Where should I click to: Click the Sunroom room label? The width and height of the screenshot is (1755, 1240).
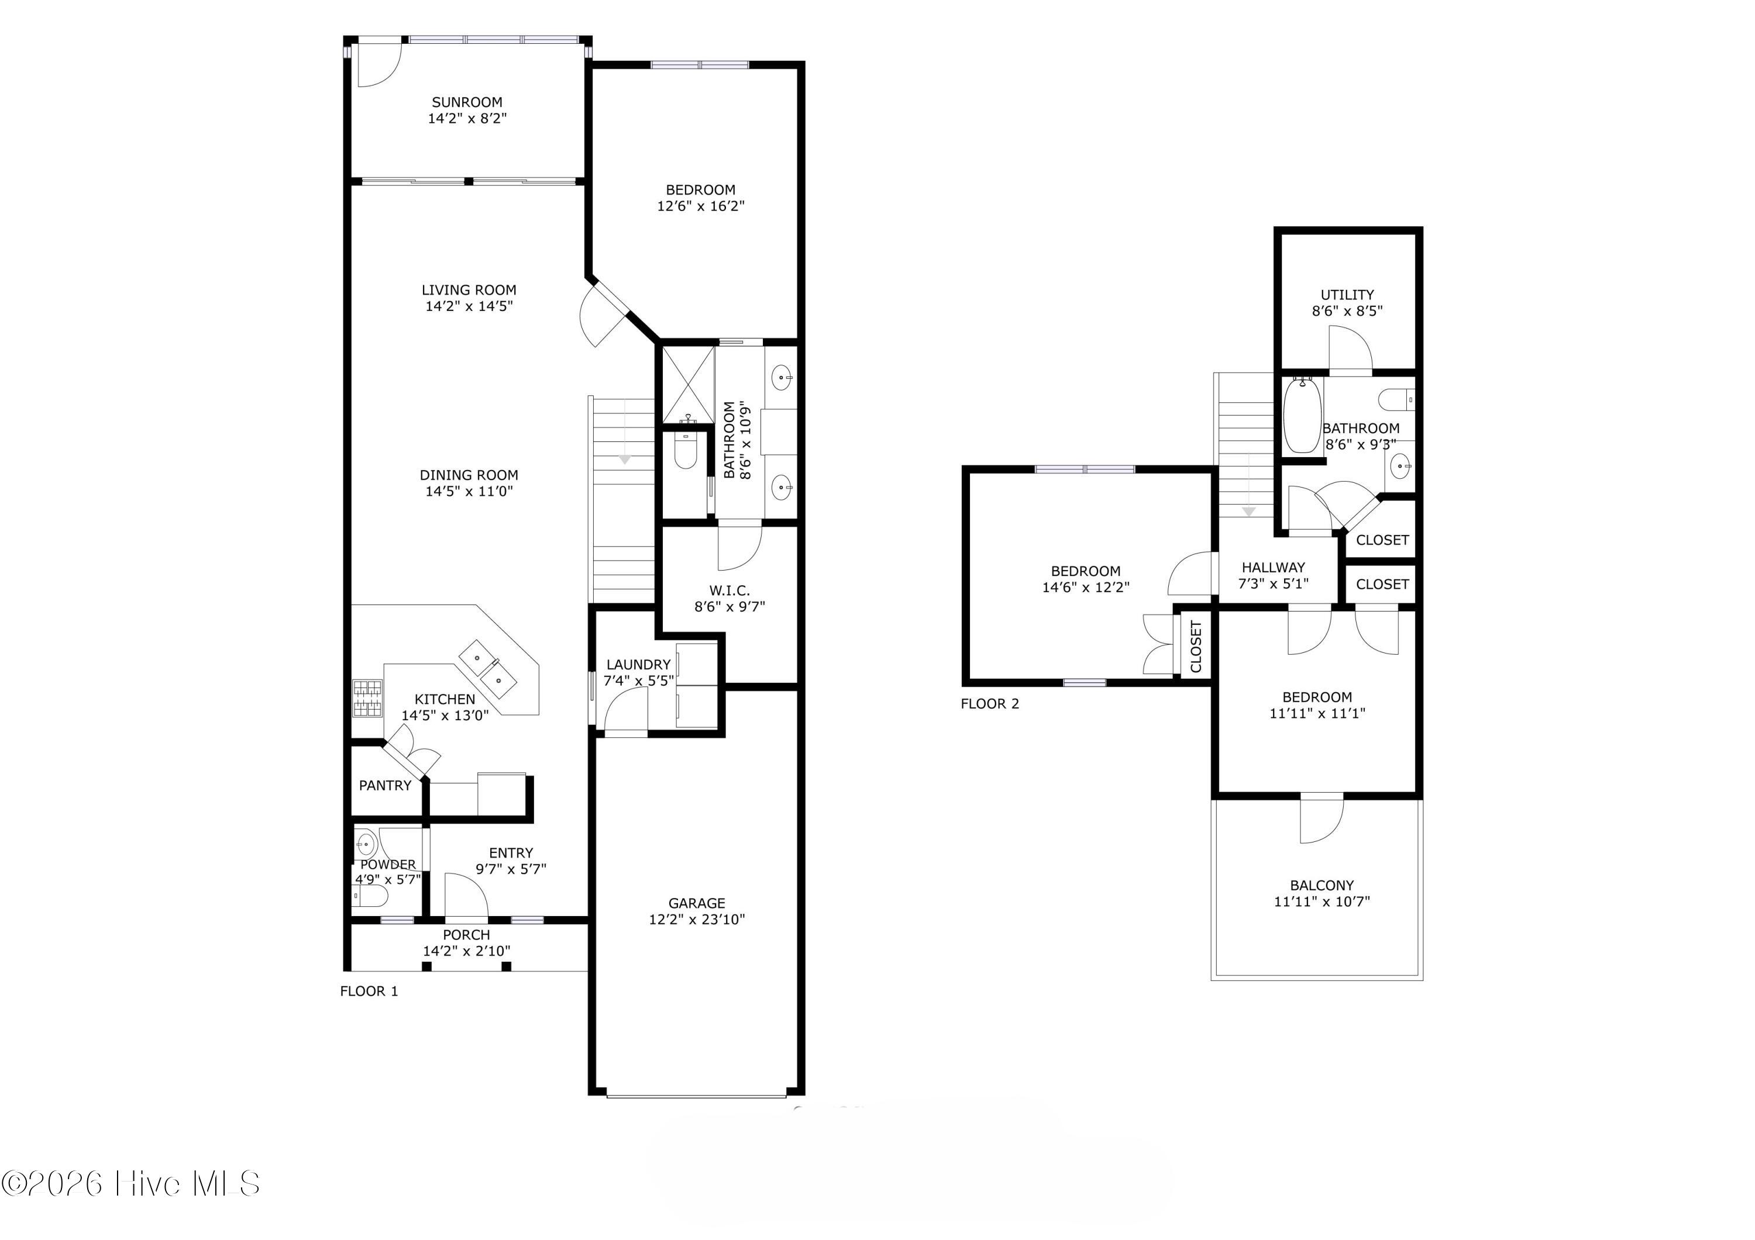pos(467,102)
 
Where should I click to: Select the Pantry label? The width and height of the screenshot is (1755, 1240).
pos(386,785)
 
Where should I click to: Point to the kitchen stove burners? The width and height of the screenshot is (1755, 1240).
pos(367,698)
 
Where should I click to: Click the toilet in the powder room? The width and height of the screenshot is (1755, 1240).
pos(366,896)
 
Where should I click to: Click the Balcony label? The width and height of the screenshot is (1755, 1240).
pos(1322,886)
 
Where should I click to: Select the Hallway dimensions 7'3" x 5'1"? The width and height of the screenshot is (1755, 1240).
pos(1274,583)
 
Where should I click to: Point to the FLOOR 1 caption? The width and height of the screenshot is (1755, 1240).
pos(369,991)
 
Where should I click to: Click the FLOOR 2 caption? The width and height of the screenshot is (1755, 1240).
pos(990,704)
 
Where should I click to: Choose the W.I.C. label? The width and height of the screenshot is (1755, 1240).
pos(730,590)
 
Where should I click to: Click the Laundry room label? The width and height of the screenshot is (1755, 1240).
pos(638,665)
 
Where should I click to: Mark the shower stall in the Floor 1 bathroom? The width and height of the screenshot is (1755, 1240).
pos(689,384)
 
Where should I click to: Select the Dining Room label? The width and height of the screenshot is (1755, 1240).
pos(469,475)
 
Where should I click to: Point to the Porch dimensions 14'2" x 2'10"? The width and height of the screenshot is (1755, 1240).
pos(467,951)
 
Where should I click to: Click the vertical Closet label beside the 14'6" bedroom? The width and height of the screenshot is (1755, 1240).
pos(1196,647)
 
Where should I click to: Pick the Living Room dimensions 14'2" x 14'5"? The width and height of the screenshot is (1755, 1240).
pos(469,306)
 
